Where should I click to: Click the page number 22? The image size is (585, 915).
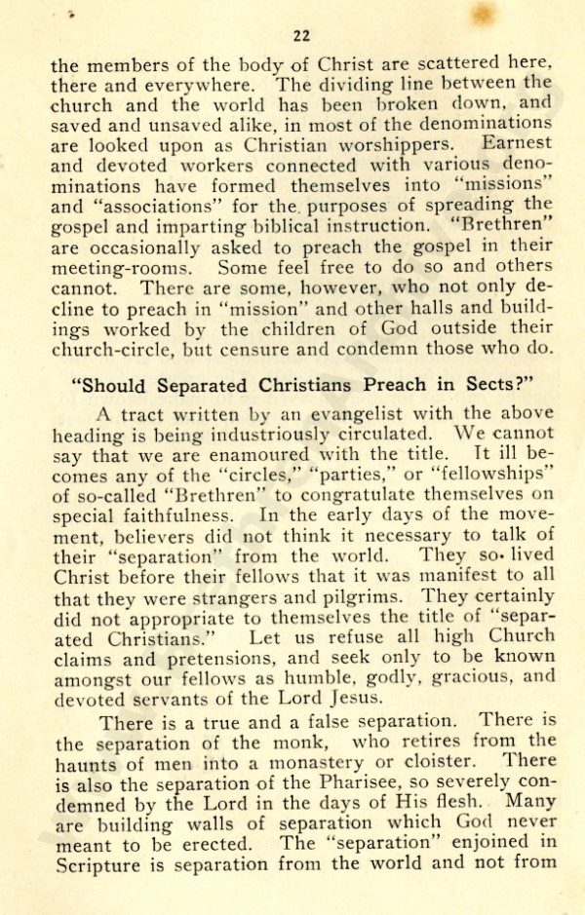301,37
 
